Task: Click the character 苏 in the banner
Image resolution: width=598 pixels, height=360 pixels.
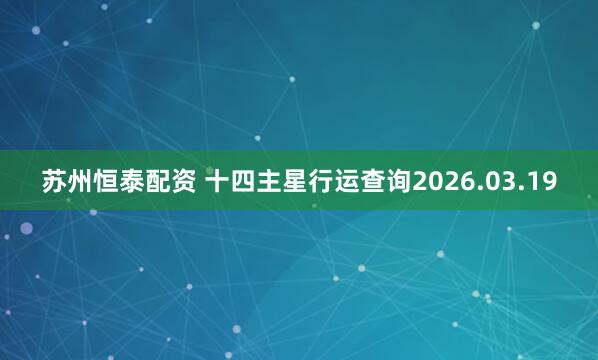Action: (x=54, y=181)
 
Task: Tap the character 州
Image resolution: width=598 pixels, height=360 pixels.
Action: (x=80, y=181)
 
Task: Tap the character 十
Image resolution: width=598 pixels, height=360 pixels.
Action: (x=217, y=181)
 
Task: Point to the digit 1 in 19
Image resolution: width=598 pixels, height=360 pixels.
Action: (x=533, y=182)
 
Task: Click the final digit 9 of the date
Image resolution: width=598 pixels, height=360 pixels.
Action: (x=548, y=182)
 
